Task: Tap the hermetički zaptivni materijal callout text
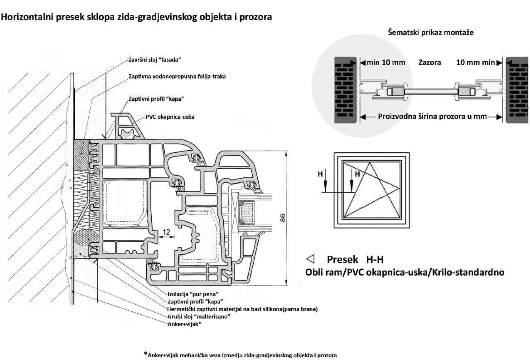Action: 242,309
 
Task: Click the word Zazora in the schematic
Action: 430,63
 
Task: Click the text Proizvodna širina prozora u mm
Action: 432,117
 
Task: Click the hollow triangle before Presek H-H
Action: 310,259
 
